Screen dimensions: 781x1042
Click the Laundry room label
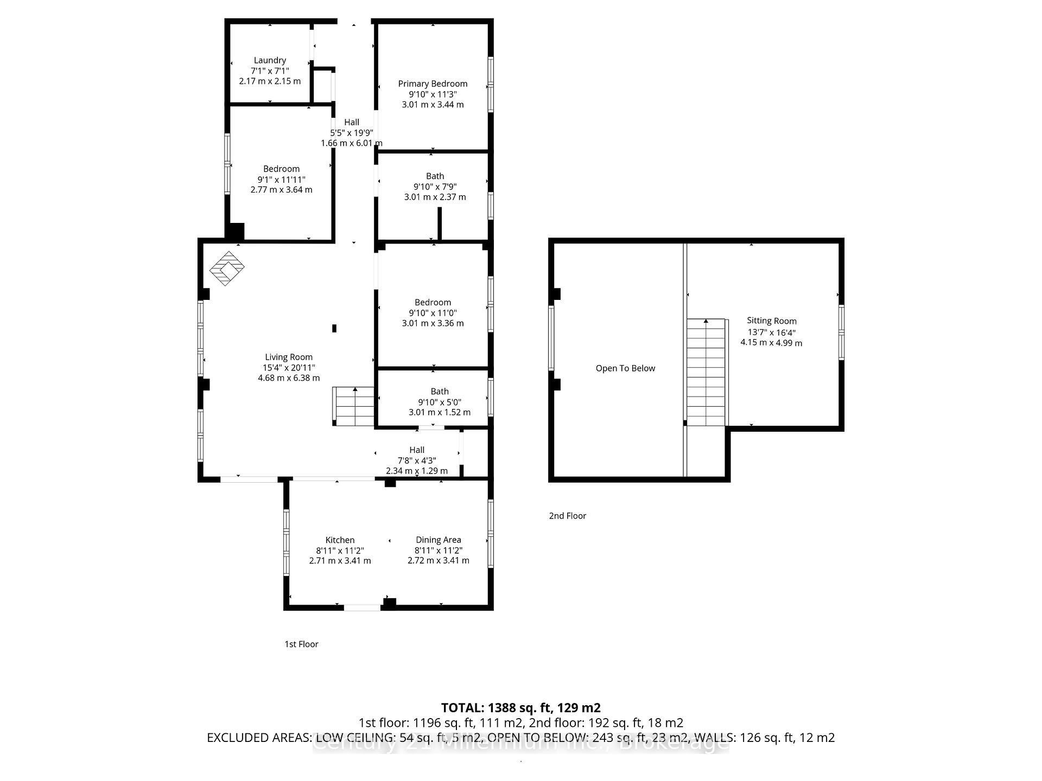click(x=270, y=60)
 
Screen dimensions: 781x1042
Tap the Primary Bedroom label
click(x=433, y=84)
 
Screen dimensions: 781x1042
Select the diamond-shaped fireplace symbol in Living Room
click(x=227, y=268)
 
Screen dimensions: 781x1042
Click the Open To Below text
click(x=625, y=368)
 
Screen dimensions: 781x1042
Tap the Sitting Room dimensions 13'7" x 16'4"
click(x=771, y=332)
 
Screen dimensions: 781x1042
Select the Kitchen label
click(x=340, y=540)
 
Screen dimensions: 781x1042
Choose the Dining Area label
click(x=438, y=540)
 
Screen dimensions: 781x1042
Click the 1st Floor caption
click(x=301, y=644)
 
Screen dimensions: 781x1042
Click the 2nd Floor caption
click(x=567, y=516)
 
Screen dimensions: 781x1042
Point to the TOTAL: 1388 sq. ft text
click(x=520, y=708)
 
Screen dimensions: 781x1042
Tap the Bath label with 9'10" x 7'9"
click(x=435, y=176)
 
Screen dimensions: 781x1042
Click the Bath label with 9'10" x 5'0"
click(x=439, y=391)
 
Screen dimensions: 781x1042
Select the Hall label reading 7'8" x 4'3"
click(x=416, y=450)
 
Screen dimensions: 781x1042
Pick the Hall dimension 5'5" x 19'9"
click(x=352, y=133)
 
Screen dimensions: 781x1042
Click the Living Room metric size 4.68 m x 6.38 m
click(x=289, y=378)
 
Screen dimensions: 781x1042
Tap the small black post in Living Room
click(x=334, y=328)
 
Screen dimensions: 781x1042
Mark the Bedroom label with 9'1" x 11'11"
click(x=281, y=169)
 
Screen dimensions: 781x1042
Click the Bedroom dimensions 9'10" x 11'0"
click(x=433, y=313)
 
